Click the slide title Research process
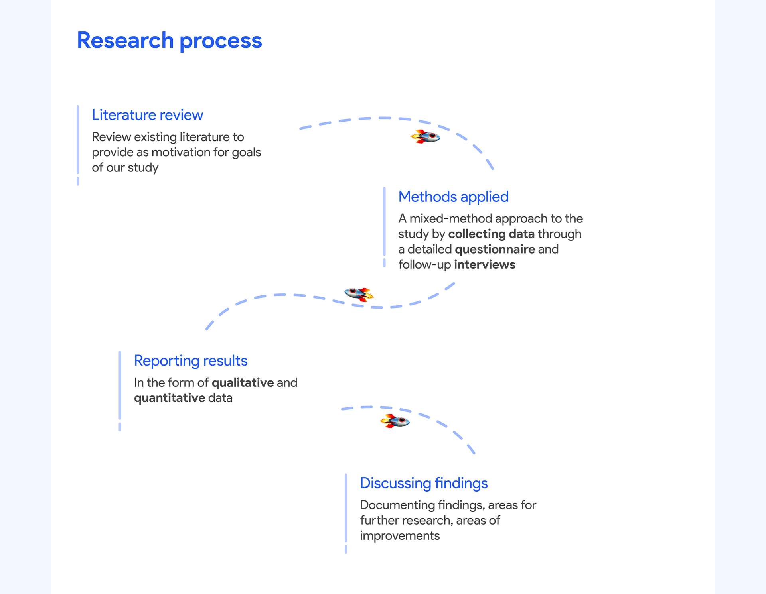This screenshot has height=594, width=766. (x=169, y=41)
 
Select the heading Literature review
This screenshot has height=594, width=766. (x=147, y=115)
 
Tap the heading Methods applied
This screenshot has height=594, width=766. (x=453, y=197)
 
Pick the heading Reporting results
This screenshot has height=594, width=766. (x=190, y=361)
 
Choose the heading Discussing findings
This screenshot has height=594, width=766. (x=423, y=483)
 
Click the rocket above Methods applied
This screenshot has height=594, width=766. (x=426, y=137)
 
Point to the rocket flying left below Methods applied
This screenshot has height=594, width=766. (x=359, y=294)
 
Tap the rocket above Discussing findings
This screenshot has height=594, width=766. (x=395, y=421)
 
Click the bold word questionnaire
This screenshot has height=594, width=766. (x=495, y=250)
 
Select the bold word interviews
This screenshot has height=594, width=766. (x=484, y=265)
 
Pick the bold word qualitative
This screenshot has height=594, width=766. (x=243, y=383)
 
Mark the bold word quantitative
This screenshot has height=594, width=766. (x=169, y=398)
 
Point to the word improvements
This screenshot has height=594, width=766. (x=399, y=536)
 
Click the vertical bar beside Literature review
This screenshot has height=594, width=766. (x=78, y=140)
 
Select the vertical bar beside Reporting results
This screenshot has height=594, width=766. (x=120, y=385)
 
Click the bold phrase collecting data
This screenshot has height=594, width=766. (x=491, y=234)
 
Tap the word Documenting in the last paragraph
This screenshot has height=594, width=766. (x=397, y=505)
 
